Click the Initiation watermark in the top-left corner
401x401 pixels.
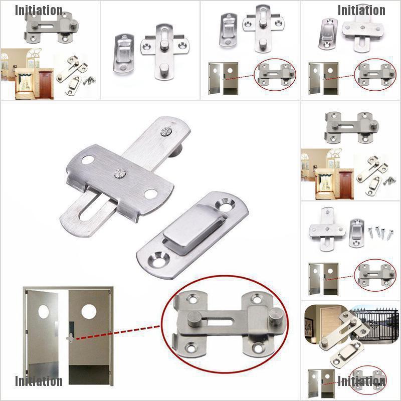pos(39,10)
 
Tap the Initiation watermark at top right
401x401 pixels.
pos(361,10)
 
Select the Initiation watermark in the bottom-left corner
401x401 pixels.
pos(39,381)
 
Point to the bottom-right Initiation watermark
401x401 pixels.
pos(361,381)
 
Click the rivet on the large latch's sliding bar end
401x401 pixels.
pos(166,132)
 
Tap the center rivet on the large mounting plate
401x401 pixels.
pos(120,173)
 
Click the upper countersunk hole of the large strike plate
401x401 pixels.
pos(225,204)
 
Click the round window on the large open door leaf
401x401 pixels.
pos(44,312)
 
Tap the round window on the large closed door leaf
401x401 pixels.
pos(89,311)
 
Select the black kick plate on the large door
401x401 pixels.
pos(89,374)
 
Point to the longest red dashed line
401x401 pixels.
pos(118,332)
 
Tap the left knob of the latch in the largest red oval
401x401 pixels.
pos(194,318)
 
